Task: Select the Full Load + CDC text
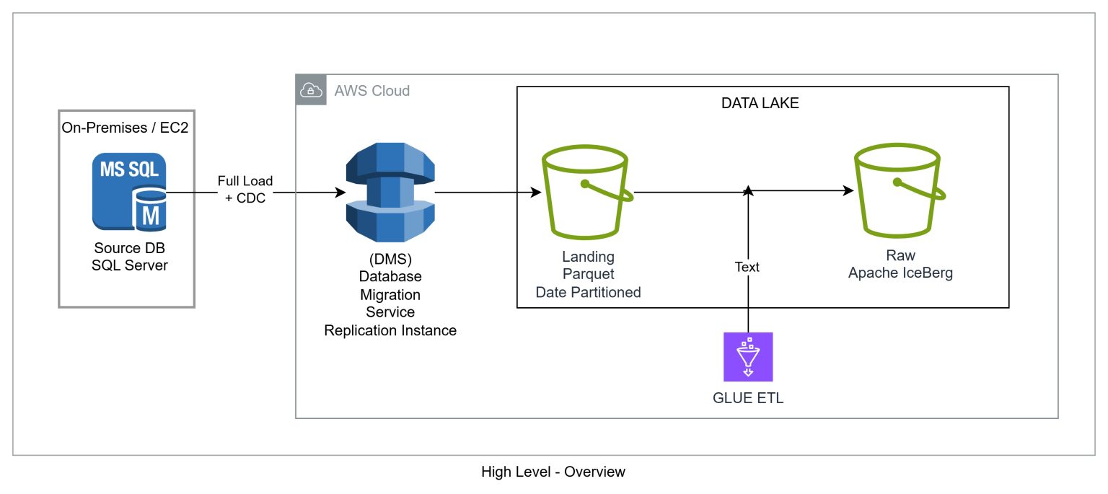[x=245, y=190]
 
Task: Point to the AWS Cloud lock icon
[x=311, y=90]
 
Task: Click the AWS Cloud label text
[x=371, y=91]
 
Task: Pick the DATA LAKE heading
[x=760, y=103]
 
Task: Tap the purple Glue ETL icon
[x=748, y=356]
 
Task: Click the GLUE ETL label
[x=748, y=397]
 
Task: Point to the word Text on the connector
[x=747, y=267]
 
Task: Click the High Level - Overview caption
[x=553, y=472]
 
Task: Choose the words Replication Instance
[x=390, y=331]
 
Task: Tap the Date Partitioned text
[x=588, y=292]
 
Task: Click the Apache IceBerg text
[x=900, y=273]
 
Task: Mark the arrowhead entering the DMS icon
[x=339, y=193]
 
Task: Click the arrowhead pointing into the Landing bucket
[x=536, y=193]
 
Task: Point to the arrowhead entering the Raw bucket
[x=848, y=190]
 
